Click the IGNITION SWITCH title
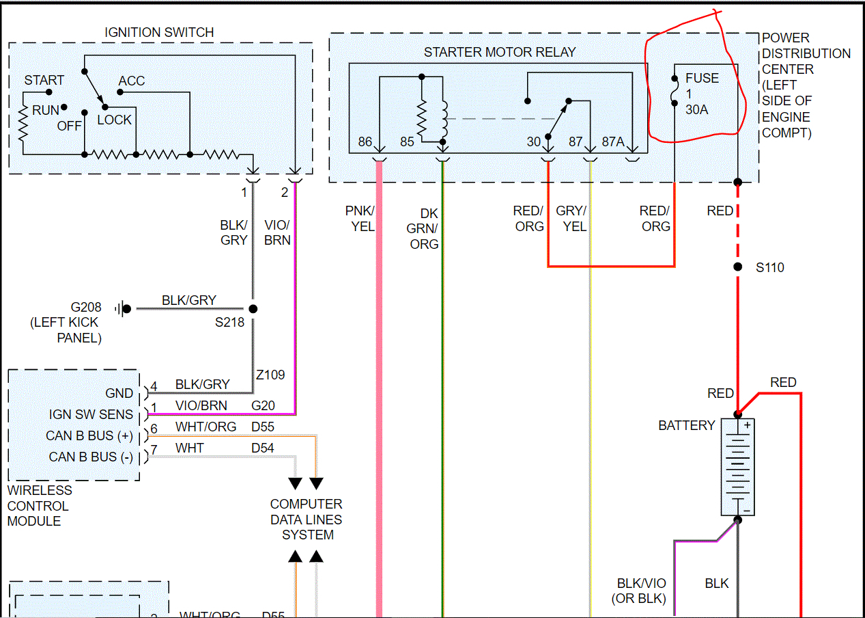158,32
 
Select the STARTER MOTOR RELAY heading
499,52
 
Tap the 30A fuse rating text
696,109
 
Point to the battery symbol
737,467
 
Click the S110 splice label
769,267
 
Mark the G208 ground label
85,308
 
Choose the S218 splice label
229,323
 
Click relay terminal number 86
365,142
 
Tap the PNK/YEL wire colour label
360,218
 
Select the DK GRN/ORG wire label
424,228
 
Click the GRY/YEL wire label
571,218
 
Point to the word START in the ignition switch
44,81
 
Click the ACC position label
132,81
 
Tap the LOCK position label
114,120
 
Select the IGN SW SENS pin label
91,414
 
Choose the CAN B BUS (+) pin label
89,435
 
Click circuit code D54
263,448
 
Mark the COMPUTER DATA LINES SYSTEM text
306,520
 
